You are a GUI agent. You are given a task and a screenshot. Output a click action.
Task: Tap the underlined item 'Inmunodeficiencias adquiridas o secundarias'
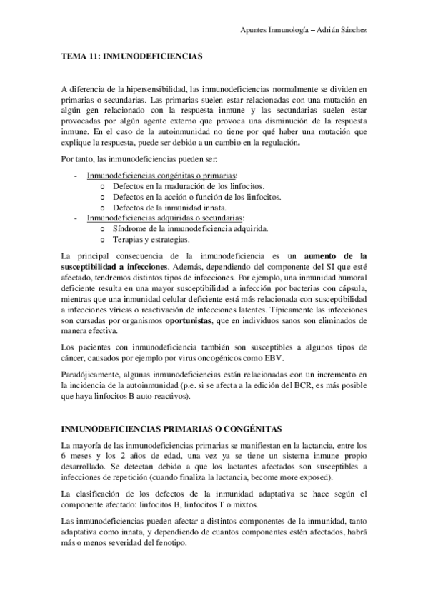(x=165, y=218)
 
